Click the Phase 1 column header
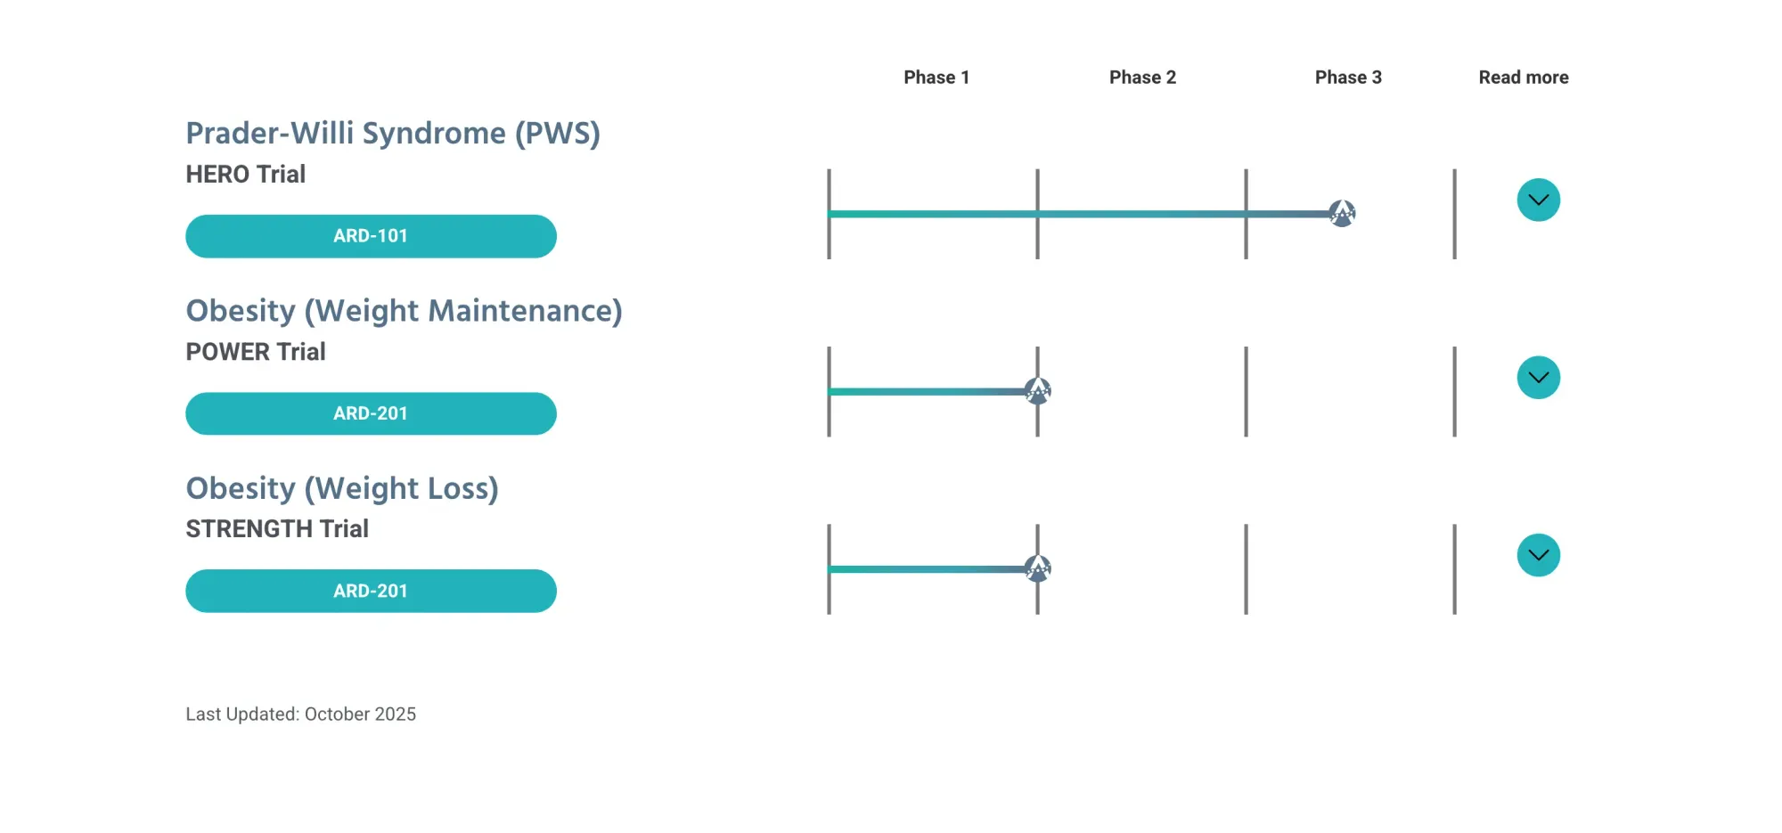point(936,78)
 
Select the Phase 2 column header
point(1142,78)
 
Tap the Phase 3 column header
point(1348,78)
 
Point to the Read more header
point(1524,78)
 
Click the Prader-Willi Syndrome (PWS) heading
point(393,134)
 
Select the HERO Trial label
point(245,175)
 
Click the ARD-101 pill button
point(371,236)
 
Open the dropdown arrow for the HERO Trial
point(1538,200)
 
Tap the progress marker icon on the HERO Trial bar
point(1342,213)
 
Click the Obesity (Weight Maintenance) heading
point(404,311)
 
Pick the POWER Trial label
point(256,352)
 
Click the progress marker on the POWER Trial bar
point(1037,390)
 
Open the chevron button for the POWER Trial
point(1538,378)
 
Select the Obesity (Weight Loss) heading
point(342,488)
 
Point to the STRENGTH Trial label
point(277,529)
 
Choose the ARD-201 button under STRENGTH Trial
point(371,591)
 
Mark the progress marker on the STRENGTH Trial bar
point(1037,568)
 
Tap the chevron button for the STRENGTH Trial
point(1538,555)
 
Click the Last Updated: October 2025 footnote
point(300,715)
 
